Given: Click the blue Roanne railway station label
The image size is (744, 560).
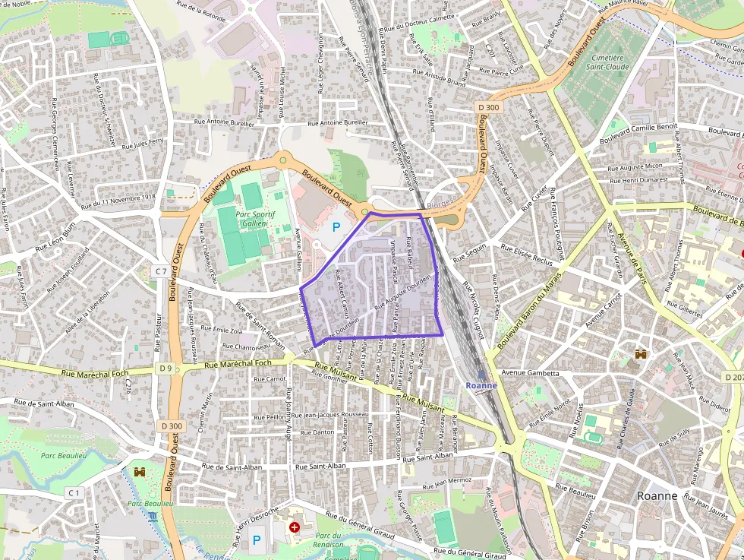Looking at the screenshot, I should pos(481,385).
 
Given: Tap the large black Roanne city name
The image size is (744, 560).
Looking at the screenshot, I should pos(657,495).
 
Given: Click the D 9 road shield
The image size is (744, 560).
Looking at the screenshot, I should pos(166,369).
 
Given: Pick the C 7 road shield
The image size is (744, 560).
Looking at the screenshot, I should pos(160,271).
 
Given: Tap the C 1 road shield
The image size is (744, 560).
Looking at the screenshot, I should pos(74,493).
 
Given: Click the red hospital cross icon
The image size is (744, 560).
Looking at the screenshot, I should pos(295,527).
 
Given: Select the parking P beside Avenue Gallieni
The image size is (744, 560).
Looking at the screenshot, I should pos(336,226).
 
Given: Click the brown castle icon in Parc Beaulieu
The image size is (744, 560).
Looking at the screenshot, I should pos(140,472).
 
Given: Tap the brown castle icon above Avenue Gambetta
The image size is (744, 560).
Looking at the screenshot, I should pos(641,354).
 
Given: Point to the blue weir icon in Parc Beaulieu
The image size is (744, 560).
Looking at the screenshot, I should pos(153,517).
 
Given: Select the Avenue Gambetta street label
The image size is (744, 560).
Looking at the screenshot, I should pos(530,373).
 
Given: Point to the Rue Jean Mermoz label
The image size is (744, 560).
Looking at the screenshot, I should pos(447,481).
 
